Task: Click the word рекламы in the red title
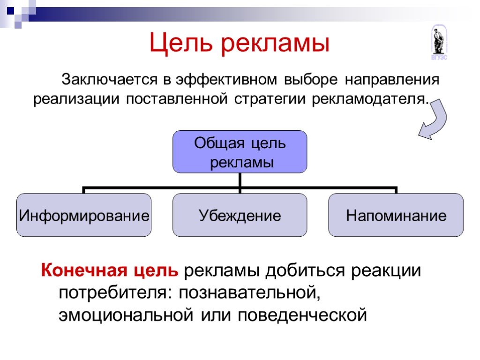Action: coord(275,45)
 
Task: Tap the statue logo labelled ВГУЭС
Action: coord(439,43)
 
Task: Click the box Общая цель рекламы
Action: coord(240,152)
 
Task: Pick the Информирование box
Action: coord(84,215)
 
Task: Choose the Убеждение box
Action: coord(240,215)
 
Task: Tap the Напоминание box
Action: coord(396,215)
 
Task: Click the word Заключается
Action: coord(110,80)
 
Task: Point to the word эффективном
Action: coord(226,80)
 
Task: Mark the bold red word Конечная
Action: coord(84,270)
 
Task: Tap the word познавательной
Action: coord(249,293)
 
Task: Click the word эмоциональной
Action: coord(126,315)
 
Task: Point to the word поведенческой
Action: coord(302,315)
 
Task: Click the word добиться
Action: coord(305,270)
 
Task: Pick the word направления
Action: coord(392,80)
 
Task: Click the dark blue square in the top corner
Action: coord(11,11)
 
